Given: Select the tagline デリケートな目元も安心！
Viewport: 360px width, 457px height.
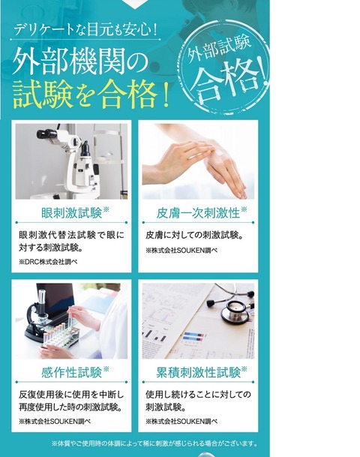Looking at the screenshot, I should coord(84,32).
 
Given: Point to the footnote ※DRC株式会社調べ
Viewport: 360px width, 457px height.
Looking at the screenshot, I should coord(48,262).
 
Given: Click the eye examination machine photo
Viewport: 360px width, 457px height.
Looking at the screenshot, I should coord(72,161).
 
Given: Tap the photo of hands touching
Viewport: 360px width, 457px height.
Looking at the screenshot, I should coord(199,161).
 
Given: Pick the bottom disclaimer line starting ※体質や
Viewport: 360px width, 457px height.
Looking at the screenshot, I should coord(154,443).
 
